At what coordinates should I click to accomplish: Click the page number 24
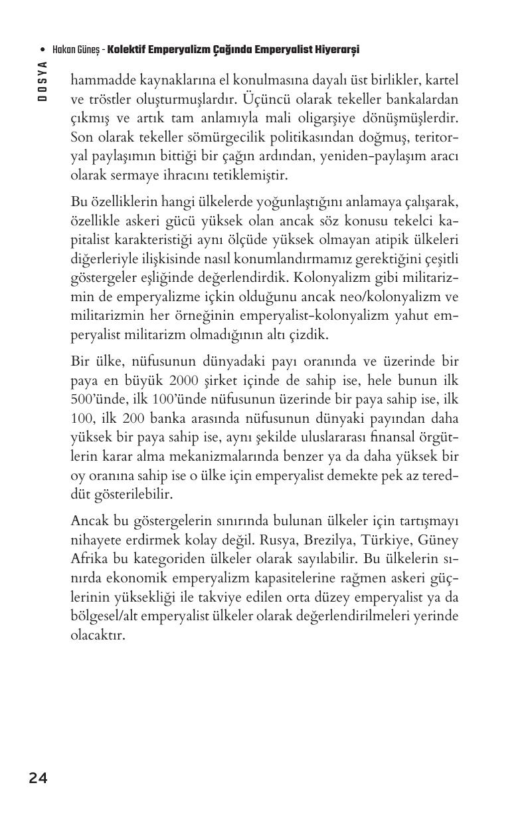[x=38, y=778]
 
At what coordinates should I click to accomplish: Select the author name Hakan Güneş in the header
[x=76, y=50]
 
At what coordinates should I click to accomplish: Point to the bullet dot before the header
[x=43, y=51]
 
